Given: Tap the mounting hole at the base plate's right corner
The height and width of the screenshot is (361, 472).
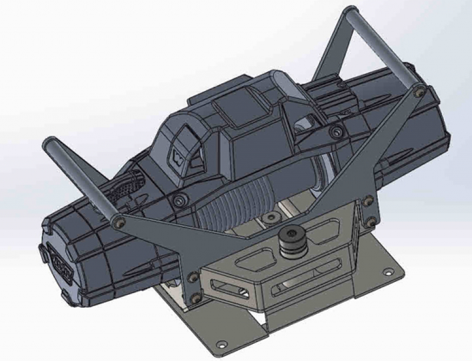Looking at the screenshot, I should point(388,273).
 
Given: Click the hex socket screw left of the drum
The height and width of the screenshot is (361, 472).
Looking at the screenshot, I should point(176,203).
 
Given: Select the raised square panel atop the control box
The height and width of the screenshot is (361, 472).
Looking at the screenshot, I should point(232,112).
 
